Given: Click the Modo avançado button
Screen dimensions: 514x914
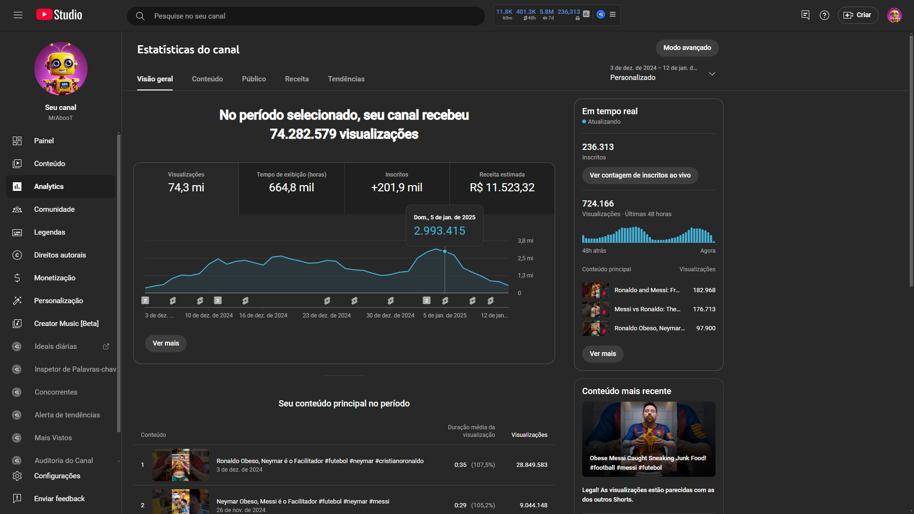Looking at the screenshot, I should point(687,48).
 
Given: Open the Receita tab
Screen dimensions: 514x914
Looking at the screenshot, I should point(297,79).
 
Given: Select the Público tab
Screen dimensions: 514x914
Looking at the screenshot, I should point(254,79).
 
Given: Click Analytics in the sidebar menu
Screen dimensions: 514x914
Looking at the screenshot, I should point(49,187).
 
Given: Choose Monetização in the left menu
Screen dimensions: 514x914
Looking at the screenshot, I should point(55,278).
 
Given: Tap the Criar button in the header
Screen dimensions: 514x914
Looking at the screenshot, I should point(858,15).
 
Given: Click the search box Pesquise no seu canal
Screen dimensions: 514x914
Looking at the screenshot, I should point(305,16).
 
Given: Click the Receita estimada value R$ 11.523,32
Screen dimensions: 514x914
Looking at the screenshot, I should point(502,188).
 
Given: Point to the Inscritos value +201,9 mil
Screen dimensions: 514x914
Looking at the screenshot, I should point(397,188).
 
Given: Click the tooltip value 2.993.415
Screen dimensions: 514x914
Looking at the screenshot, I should point(439,231).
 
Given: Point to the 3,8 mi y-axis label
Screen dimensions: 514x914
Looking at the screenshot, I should point(526,241).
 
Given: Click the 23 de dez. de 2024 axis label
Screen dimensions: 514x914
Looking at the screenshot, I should point(327,316).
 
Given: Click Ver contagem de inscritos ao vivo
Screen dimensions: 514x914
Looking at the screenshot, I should point(640,175).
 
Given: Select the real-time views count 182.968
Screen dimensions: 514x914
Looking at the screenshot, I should point(704,290).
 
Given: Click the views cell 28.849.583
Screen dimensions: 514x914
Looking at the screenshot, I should point(532,465).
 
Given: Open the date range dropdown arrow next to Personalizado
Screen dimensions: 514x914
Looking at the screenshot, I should point(712,74).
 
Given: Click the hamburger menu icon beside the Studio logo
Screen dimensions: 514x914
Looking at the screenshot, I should point(18,15).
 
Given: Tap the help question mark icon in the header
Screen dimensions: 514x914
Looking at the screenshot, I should point(825,15).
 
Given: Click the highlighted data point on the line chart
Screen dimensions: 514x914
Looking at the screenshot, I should point(445,251).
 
